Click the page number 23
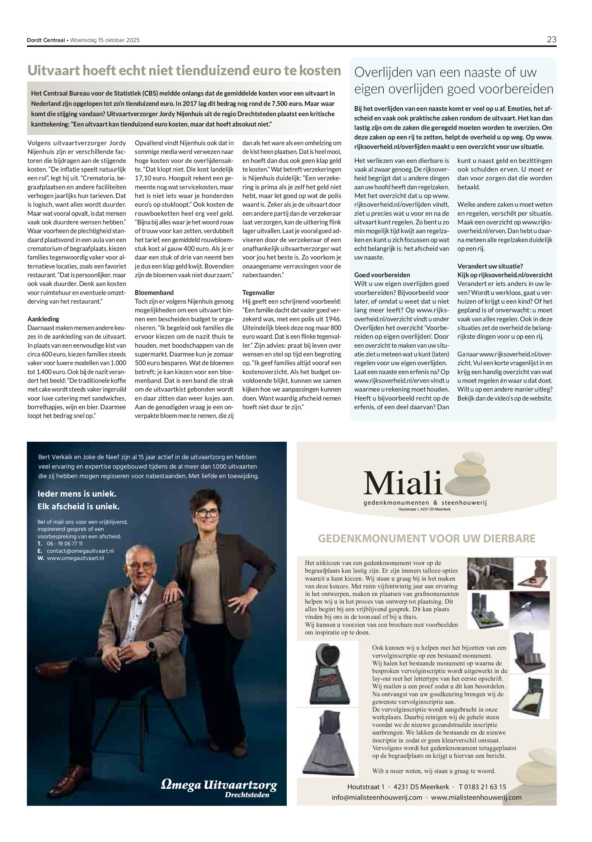[551, 40]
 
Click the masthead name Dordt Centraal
[46, 40]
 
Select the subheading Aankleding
[43, 319]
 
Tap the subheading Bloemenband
[154, 293]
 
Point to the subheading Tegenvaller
[258, 293]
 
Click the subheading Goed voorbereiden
[382, 275]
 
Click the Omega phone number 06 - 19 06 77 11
[65, 544]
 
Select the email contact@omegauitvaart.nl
[80, 551]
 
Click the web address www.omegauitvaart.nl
[75, 558]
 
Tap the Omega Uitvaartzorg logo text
[219, 785]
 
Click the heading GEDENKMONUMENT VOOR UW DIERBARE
[427, 538]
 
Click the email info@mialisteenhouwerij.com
[377, 797]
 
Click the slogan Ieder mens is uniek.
[77, 494]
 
